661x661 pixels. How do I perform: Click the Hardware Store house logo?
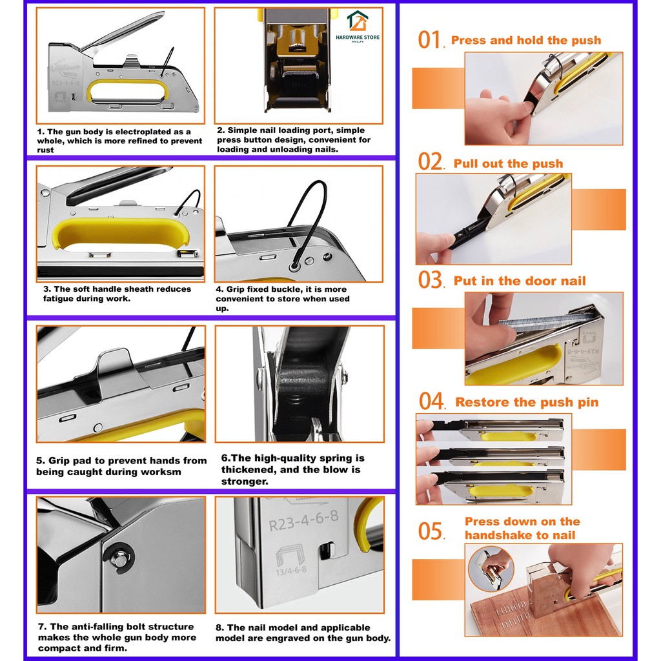tap(358, 21)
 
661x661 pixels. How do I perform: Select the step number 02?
tap(430, 161)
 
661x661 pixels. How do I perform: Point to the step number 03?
tap(430, 280)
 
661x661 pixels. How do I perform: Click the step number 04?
tap(431, 401)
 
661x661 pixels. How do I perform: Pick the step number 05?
tap(431, 531)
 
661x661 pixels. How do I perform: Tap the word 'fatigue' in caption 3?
tap(59, 299)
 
